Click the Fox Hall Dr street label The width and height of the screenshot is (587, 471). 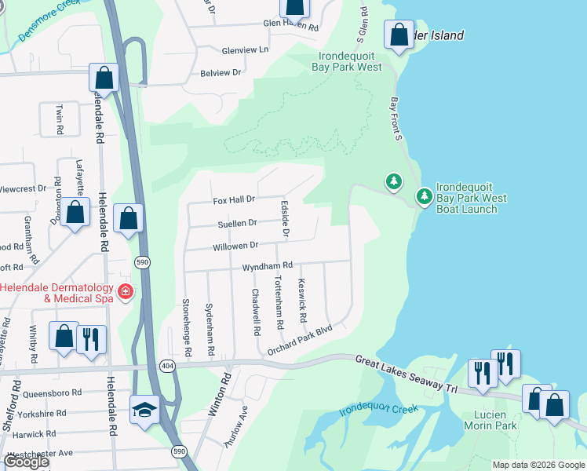[x=234, y=200]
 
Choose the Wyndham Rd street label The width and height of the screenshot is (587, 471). [x=267, y=266]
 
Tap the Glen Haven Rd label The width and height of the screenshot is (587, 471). [x=290, y=26]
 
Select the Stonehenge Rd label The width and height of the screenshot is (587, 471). [x=186, y=327]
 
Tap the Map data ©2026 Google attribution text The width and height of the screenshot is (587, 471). [x=538, y=465]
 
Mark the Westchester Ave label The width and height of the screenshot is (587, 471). [x=39, y=453]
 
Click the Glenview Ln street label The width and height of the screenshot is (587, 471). [x=245, y=49]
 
